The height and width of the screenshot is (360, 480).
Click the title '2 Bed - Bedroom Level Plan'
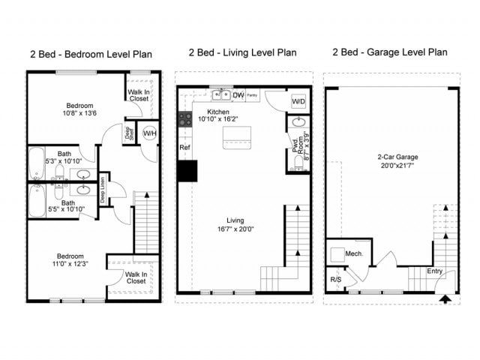[x=91, y=54]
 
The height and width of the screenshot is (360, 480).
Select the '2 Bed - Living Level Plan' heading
[x=242, y=52]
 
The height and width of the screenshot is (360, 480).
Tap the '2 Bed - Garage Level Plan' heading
[x=391, y=52]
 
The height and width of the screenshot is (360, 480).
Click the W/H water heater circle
[x=149, y=133]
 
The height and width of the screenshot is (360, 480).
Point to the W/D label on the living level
[x=298, y=100]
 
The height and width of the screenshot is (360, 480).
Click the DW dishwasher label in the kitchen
[x=238, y=95]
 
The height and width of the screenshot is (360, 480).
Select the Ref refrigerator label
[x=185, y=148]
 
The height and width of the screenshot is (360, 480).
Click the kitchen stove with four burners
[x=184, y=118]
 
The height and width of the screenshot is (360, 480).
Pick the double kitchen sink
[x=220, y=95]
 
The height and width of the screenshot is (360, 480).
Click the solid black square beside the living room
[x=187, y=171]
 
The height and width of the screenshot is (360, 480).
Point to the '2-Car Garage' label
[x=397, y=157]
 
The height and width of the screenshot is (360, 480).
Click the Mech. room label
[x=354, y=253]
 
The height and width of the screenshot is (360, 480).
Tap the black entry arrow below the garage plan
[x=443, y=299]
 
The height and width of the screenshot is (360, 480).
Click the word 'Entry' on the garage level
[x=434, y=271]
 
